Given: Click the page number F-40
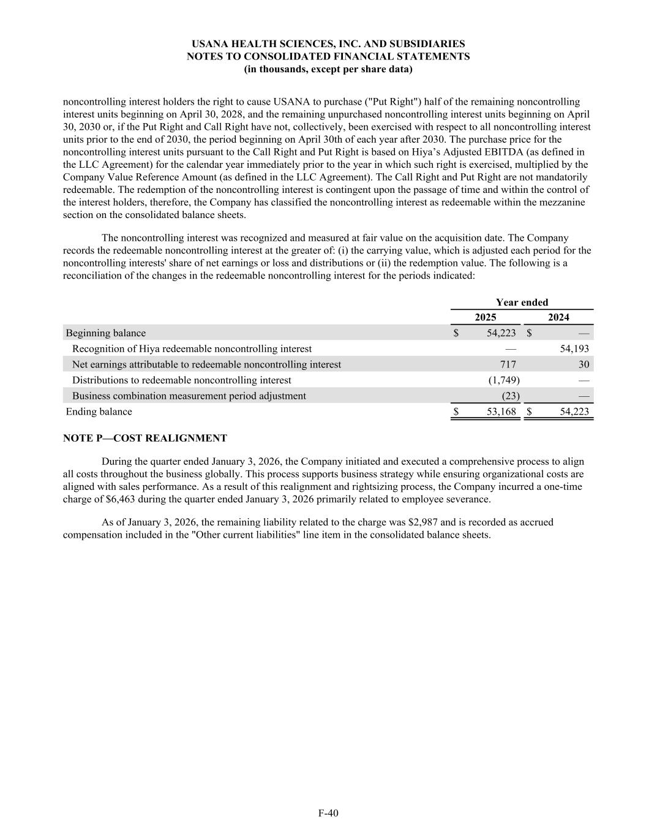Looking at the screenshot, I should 328,813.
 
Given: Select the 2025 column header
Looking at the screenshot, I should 486,317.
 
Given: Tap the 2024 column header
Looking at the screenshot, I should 558,317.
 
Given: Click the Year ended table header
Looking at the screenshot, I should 522,303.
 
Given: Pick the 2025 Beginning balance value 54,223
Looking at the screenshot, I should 501,333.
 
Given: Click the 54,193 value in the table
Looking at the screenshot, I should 574,349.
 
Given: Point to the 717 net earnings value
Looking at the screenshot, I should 508,364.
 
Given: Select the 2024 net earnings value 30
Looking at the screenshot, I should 584,364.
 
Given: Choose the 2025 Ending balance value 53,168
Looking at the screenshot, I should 501,412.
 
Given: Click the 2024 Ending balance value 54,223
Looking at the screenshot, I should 574,412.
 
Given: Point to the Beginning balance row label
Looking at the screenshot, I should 106,333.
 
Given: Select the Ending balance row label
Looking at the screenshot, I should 99,412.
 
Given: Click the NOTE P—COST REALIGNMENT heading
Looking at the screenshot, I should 145,439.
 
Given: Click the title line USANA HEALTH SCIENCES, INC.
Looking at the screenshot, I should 328,44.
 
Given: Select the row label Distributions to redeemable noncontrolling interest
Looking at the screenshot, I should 182,380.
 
